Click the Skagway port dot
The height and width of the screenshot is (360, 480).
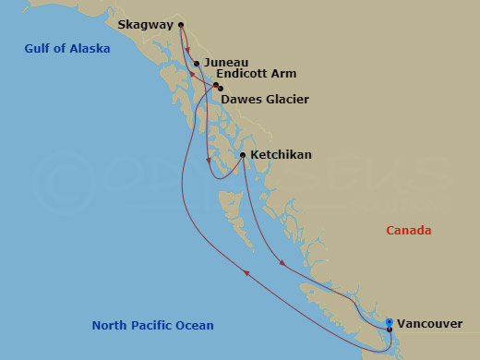181,25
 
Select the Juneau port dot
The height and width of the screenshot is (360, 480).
197,64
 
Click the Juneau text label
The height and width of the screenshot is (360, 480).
226,64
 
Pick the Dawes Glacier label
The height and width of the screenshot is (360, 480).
265,99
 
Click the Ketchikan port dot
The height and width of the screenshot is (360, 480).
243,155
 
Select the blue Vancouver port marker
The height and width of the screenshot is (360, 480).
390,322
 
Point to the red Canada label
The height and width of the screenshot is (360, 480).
409,231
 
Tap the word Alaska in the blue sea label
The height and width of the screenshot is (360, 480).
91,49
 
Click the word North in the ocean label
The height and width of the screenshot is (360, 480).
109,325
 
